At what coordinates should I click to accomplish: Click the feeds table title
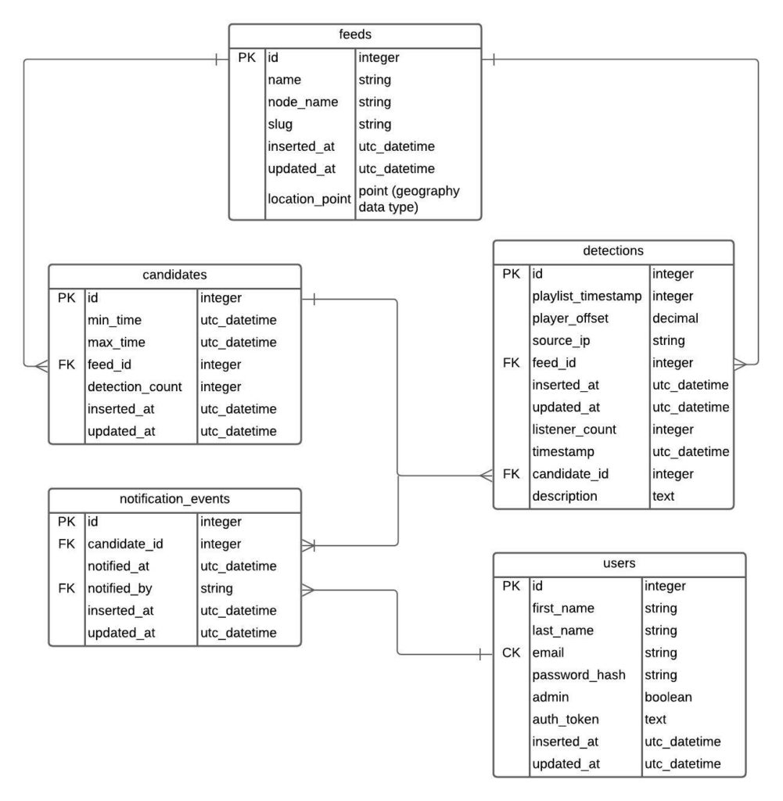point(355,34)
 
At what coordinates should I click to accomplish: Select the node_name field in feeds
point(303,102)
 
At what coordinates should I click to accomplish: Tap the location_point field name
point(309,199)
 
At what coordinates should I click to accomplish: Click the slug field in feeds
point(280,124)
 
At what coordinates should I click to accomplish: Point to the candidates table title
point(174,275)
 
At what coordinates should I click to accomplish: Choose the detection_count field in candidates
point(135,386)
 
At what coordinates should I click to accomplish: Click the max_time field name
point(117,343)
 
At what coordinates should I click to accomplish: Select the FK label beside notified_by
point(66,588)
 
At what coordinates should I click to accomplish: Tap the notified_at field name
point(118,566)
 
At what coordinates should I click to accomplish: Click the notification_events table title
point(174,498)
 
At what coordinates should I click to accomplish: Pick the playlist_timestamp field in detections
point(587,296)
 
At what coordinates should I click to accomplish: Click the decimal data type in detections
point(675,318)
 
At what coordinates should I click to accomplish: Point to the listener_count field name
point(574,429)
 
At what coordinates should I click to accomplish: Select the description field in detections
point(565,496)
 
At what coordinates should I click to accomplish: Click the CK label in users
point(512,653)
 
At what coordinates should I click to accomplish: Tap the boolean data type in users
point(668,697)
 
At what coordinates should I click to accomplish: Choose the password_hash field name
point(579,675)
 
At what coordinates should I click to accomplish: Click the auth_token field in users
point(566,720)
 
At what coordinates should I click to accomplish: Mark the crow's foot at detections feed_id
point(740,365)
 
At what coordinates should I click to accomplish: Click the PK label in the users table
point(512,586)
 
